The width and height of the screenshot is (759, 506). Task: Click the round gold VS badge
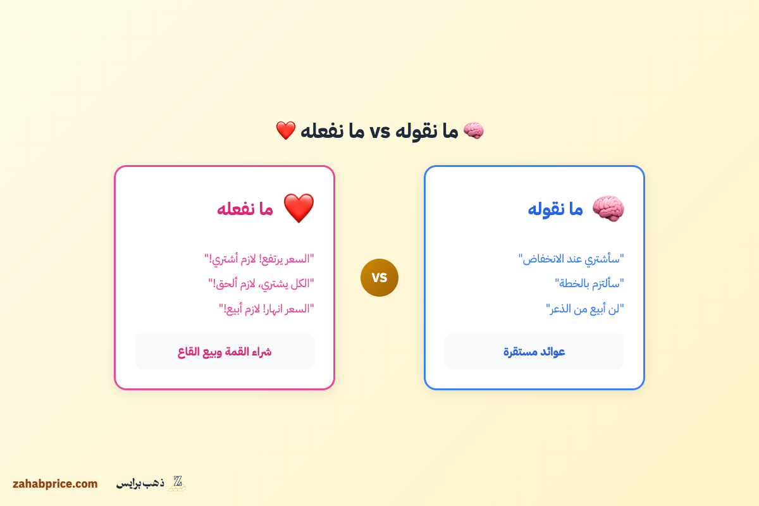(x=379, y=278)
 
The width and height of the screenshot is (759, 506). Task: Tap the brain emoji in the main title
(x=473, y=131)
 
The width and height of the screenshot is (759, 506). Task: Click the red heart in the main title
(x=286, y=131)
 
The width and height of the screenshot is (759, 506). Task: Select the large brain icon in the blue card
(x=608, y=208)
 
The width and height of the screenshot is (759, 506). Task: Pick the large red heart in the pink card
(x=299, y=208)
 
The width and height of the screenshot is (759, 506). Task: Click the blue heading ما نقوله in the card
(x=555, y=209)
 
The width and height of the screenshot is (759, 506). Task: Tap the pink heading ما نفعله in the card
(x=245, y=209)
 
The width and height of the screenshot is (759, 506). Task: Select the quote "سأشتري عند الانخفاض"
(x=571, y=258)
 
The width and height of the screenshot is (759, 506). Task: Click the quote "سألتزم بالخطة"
(x=589, y=283)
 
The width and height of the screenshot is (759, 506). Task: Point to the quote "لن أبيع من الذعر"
(x=585, y=309)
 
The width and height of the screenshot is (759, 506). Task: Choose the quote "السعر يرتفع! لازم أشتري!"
(x=259, y=258)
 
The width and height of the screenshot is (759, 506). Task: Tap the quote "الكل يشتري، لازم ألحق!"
(x=261, y=283)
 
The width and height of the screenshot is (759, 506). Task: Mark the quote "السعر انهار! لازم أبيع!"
(x=267, y=309)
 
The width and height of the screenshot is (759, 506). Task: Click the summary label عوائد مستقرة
(x=534, y=352)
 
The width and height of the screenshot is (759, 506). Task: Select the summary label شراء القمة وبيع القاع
(x=225, y=352)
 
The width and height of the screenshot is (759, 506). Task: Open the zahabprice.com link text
(x=55, y=484)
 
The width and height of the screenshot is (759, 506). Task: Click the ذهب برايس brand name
(x=140, y=484)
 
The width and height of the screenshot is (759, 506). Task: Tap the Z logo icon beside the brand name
(x=177, y=483)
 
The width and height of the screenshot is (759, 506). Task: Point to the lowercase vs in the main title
(x=379, y=132)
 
